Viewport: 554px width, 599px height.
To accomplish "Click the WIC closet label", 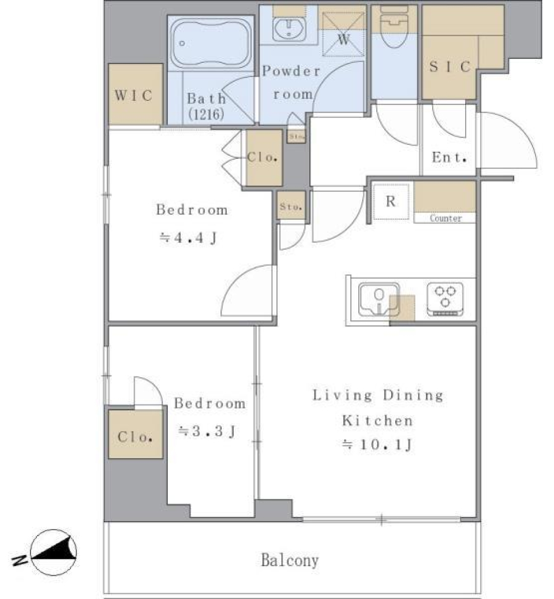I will click(x=134, y=95).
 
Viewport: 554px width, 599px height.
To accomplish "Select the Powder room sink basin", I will click(x=287, y=29).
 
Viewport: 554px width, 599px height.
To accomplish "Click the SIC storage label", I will click(x=450, y=67).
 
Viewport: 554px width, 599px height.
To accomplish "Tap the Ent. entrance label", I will click(x=449, y=158).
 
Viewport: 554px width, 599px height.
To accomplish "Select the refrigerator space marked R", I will click(x=391, y=202).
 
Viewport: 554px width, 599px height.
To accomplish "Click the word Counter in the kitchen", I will click(x=446, y=219).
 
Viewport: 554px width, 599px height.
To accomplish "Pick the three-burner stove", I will click(x=446, y=297).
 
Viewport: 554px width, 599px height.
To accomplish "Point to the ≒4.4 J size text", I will click(x=188, y=237).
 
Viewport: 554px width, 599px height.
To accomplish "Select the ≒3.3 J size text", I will click(x=206, y=430).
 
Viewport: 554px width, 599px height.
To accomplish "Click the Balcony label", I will click(x=290, y=560).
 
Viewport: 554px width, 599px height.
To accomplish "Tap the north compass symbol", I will click(x=53, y=553).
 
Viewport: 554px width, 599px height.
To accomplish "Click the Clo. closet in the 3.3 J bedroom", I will click(x=135, y=437).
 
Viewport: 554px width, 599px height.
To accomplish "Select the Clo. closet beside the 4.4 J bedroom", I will click(x=264, y=158).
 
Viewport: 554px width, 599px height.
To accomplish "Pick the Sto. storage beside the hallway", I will click(x=290, y=207).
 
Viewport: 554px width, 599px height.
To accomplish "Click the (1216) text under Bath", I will click(x=205, y=114).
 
